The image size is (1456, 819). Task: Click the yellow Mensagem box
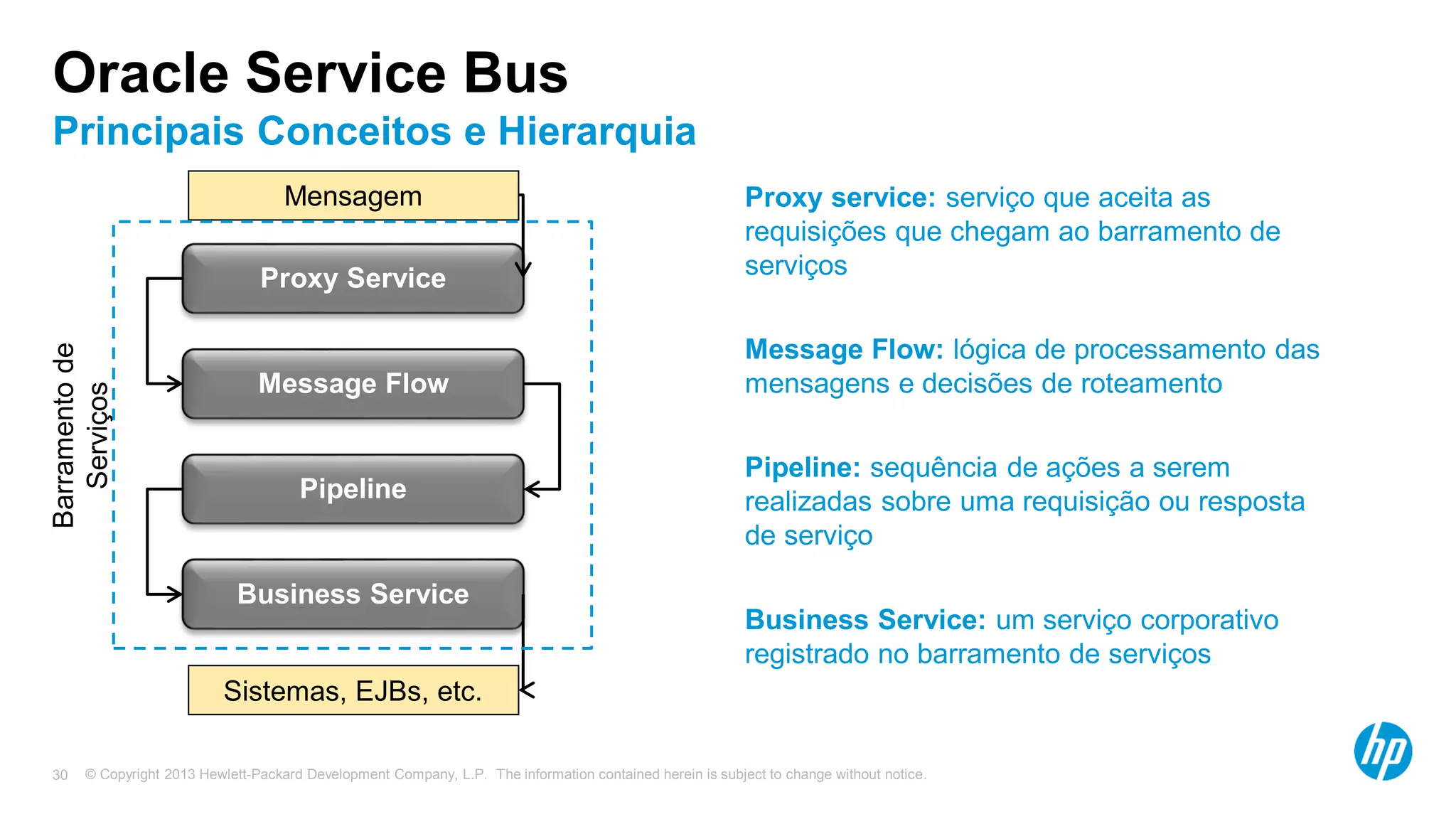tap(353, 196)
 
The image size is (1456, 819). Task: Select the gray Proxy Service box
tap(353, 278)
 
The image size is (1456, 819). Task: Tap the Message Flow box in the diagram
tap(353, 383)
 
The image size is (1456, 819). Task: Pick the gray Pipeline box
tap(353, 488)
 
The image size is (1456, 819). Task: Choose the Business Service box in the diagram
tap(353, 594)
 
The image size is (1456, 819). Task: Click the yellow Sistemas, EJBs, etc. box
tap(353, 690)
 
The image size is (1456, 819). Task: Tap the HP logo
tap(1383, 751)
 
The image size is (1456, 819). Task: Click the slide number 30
tap(60, 775)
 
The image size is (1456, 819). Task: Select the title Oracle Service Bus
tap(311, 73)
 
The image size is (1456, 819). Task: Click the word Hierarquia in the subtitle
tap(596, 132)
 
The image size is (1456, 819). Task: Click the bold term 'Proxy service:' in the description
tap(840, 198)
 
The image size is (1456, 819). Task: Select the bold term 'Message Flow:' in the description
tap(844, 350)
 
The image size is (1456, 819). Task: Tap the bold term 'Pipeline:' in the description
tap(803, 468)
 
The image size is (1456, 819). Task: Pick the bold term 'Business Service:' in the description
tap(865, 620)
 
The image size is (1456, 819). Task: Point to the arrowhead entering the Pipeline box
tap(532, 489)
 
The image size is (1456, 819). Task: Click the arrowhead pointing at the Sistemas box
tap(527, 690)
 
